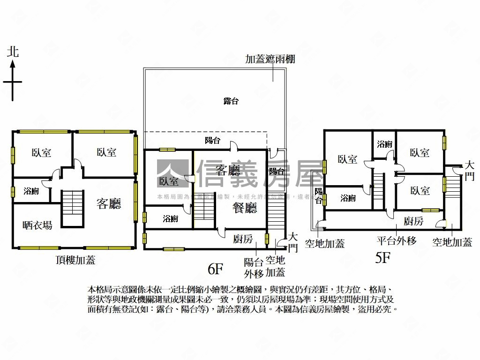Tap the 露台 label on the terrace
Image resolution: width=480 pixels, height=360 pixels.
tap(231, 101)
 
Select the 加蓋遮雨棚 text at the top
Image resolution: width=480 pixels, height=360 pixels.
tap(270, 60)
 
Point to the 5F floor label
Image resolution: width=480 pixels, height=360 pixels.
tap(382, 258)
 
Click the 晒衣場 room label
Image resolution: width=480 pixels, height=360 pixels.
tap(37, 225)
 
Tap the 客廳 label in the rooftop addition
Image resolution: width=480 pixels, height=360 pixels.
tap(109, 203)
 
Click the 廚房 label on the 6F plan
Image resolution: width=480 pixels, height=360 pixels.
tap(243, 240)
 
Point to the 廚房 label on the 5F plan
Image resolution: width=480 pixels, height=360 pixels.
tap(413, 221)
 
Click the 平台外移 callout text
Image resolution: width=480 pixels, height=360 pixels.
tap(397, 241)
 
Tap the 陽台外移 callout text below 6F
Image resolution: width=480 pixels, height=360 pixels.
tap(254, 268)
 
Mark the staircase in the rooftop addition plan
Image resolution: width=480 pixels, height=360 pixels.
tap(72, 208)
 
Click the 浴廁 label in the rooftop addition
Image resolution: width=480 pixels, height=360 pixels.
tap(31, 191)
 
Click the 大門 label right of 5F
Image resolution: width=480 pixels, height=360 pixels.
tap(469, 171)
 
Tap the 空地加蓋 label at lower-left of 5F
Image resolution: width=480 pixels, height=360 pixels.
tap(324, 243)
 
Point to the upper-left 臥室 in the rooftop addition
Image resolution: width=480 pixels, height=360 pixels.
tap(42, 152)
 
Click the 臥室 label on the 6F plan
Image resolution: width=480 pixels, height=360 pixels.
tap(169, 181)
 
